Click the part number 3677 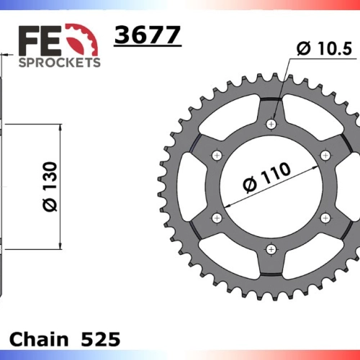[148, 35]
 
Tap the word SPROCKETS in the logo [60, 63]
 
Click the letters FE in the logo [40, 41]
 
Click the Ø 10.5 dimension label [324, 49]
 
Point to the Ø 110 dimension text [267, 177]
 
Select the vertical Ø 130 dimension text [50, 186]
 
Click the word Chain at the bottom [39, 339]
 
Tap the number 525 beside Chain [101, 339]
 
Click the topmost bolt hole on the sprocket [271, 125]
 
